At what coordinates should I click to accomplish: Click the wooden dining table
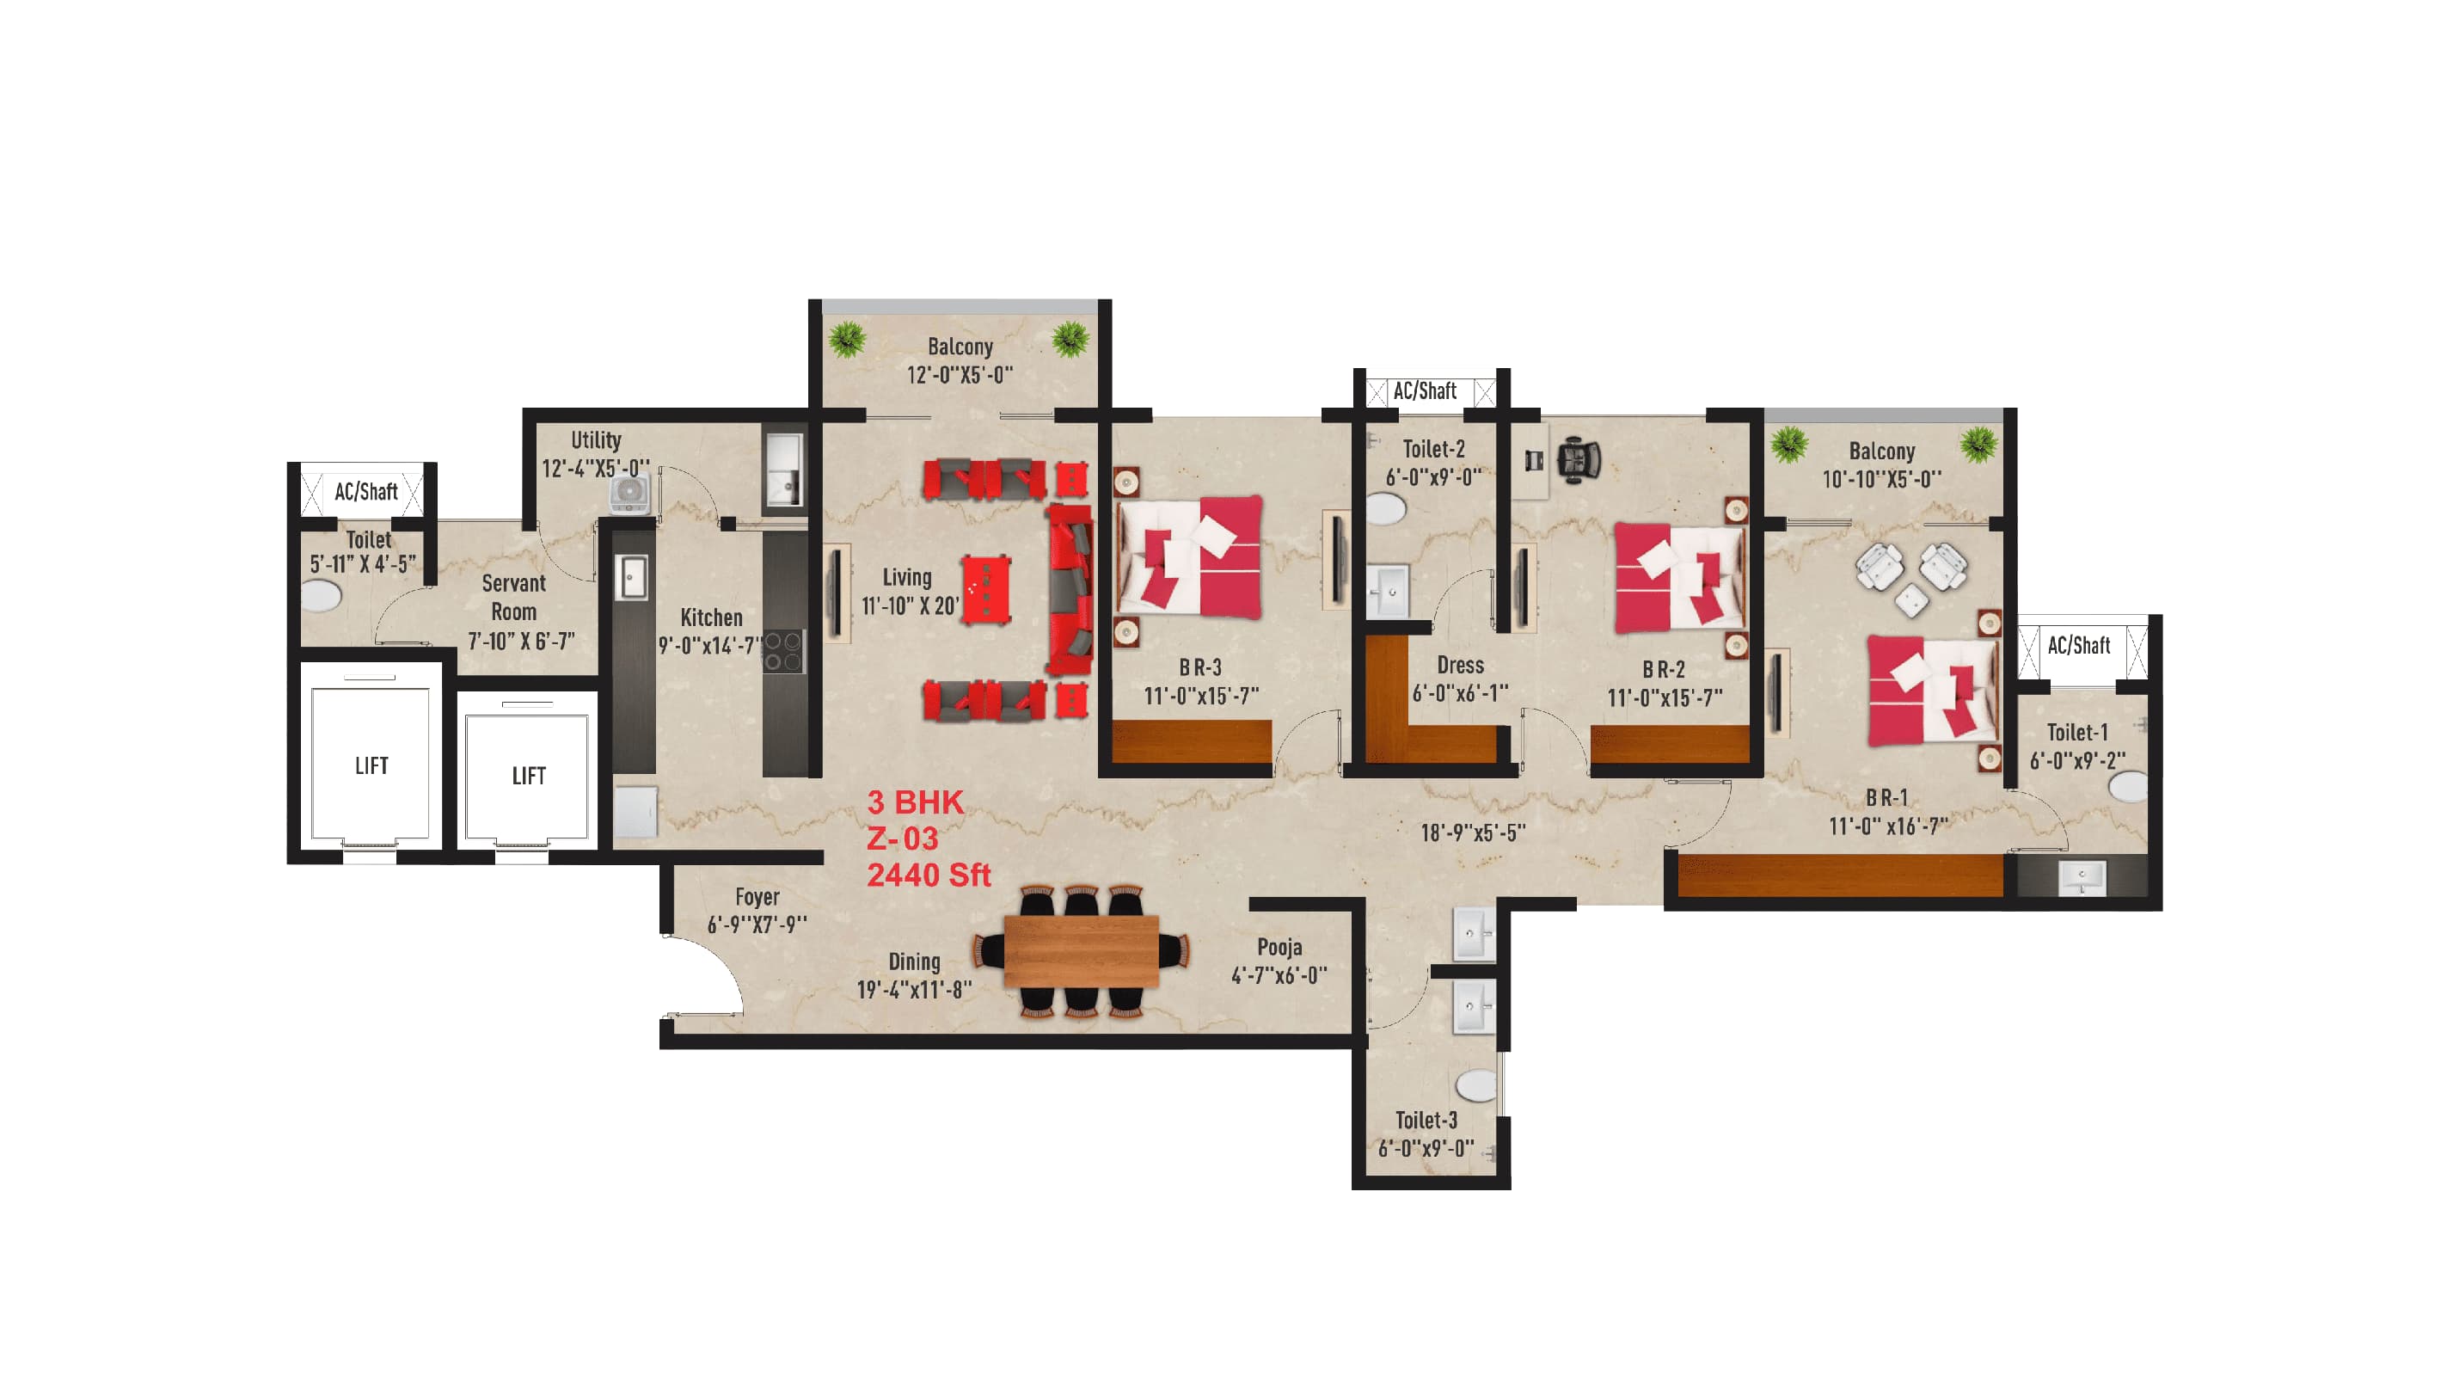[1080, 950]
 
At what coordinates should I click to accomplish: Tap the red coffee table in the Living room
[985, 589]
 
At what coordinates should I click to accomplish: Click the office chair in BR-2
[1578, 460]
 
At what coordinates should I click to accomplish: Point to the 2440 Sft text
[928, 875]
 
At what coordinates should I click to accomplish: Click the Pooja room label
[1279, 948]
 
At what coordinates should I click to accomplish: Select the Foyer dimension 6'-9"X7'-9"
[757, 924]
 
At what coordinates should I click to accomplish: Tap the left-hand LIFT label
[371, 766]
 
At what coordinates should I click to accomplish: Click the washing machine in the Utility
[629, 493]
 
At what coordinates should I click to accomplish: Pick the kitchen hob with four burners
[783, 651]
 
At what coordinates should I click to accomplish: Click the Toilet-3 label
[1426, 1121]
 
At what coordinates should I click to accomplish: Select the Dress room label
[1460, 665]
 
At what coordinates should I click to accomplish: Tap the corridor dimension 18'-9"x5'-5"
[1472, 833]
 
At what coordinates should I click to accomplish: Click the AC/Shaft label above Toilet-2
[1424, 390]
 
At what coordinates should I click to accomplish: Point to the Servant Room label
[514, 598]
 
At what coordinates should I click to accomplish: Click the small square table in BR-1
[1911, 600]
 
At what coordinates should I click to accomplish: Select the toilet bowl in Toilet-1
[2128, 786]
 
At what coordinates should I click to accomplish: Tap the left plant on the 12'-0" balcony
[845, 338]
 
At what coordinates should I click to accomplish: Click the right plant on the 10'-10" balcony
[1978, 443]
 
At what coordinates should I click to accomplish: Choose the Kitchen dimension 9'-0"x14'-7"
[710, 646]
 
